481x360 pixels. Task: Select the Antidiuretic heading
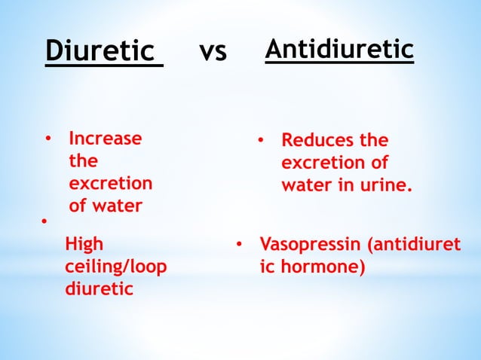339,50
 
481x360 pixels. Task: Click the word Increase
105,139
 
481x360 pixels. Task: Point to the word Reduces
315,141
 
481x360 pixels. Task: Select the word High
84,245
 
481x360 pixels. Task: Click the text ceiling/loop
116,267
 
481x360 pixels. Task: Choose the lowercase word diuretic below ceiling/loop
99,288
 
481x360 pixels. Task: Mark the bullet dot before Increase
47,139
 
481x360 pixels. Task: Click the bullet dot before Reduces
259,141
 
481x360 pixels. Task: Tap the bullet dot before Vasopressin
237,245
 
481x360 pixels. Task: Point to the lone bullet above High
44,221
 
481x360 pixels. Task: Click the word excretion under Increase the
110,184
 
